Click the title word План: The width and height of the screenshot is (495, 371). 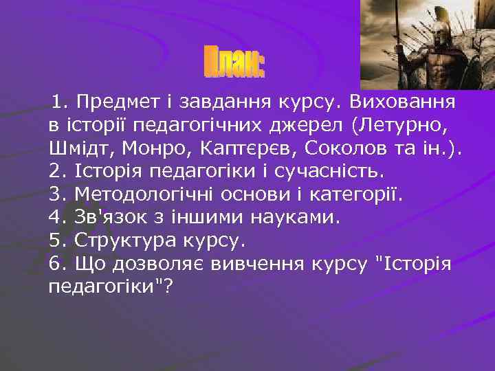(235, 63)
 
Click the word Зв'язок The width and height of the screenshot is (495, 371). (112, 218)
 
